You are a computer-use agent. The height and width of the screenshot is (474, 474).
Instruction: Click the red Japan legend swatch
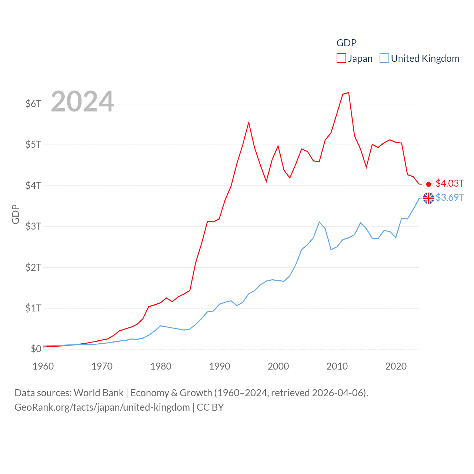pyautogui.click(x=341, y=59)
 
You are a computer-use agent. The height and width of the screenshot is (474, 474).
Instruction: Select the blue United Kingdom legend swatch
pyautogui.click(x=384, y=59)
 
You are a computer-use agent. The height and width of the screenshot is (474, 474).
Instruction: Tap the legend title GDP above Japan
pyautogui.click(x=346, y=43)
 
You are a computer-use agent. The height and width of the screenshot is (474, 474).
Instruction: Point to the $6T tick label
pyautogui.click(x=33, y=104)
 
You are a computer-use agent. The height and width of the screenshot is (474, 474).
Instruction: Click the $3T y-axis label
pyautogui.click(x=33, y=226)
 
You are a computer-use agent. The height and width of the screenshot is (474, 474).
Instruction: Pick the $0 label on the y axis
pyautogui.click(x=36, y=349)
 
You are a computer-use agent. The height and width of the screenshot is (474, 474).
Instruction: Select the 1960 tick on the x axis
pyautogui.click(x=43, y=366)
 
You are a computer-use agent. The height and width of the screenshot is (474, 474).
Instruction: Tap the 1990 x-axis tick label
pyautogui.click(x=220, y=366)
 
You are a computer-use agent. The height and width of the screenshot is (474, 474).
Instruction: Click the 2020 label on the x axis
pyautogui.click(x=396, y=366)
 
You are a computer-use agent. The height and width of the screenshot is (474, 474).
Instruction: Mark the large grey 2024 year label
pyautogui.click(x=82, y=101)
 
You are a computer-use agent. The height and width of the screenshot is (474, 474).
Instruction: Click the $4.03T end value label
pyautogui.click(x=450, y=183)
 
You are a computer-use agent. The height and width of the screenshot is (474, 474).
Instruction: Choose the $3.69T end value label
pyautogui.click(x=450, y=197)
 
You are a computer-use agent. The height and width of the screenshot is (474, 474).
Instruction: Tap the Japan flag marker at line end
pyautogui.click(x=428, y=184)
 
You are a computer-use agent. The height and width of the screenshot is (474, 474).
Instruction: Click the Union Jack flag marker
pyautogui.click(x=428, y=198)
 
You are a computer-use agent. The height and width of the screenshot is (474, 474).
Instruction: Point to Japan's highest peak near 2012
pyautogui.click(x=348, y=93)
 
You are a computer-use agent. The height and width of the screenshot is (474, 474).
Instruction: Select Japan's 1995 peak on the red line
pyautogui.click(x=248, y=123)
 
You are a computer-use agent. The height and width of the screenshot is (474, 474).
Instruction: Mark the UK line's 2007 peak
pyautogui.click(x=319, y=222)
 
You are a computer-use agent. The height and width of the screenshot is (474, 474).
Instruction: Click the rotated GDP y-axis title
pyautogui.click(x=16, y=214)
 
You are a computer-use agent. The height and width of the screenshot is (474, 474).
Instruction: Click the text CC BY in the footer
pyautogui.click(x=210, y=407)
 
